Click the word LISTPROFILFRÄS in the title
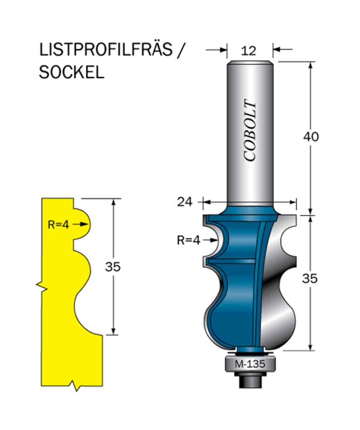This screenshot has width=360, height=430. (106, 50)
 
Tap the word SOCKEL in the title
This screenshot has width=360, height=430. (71, 72)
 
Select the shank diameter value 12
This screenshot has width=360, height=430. (248, 51)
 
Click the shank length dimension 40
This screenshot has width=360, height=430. (311, 136)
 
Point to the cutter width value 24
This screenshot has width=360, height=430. (185, 202)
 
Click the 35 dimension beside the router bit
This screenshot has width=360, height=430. (310, 278)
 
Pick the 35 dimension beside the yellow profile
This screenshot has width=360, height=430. (112, 267)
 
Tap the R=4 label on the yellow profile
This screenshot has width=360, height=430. (58, 225)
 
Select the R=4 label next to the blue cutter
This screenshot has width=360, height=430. (189, 240)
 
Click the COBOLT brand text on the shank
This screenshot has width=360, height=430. (250, 130)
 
